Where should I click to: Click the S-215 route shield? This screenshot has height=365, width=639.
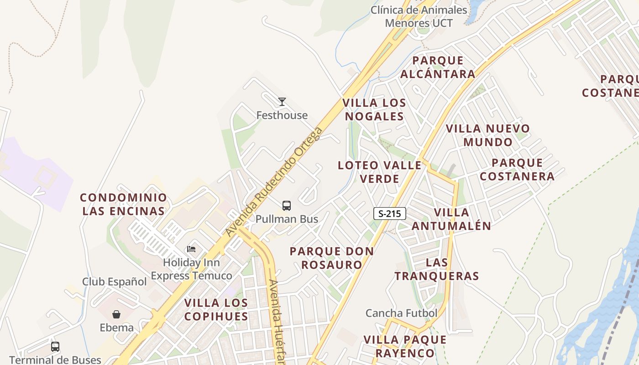pos(389,213)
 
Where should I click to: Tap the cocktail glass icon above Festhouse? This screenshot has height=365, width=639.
pos(282,101)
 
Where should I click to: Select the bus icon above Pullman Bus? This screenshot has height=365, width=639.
pos(287,206)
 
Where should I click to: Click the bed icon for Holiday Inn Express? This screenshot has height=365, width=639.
pos(191,249)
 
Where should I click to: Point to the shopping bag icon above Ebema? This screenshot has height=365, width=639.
pos(116,314)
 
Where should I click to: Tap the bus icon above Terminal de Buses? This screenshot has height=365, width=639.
pos(55,347)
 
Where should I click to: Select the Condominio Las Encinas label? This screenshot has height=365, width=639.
pos(123,204)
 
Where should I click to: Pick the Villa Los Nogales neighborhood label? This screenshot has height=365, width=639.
pos(374,109)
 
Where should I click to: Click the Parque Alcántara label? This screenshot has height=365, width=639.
pos(438,67)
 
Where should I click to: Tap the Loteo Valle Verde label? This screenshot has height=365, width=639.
pos(380,172)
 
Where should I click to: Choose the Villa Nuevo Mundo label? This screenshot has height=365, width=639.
pos(488,135)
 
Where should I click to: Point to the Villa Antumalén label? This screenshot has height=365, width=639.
pos(451,219)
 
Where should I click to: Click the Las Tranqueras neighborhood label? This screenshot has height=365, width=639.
pos(437,269)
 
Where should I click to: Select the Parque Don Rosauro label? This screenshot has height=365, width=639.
pos(332,258)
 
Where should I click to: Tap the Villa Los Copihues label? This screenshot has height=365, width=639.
pos(216,309)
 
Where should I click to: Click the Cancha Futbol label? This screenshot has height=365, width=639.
pos(401,313)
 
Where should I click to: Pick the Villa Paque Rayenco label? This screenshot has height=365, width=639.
pos(405,346)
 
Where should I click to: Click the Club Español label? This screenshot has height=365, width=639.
pos(115,282)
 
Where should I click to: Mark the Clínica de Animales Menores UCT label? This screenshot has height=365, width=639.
pos(419,16)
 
